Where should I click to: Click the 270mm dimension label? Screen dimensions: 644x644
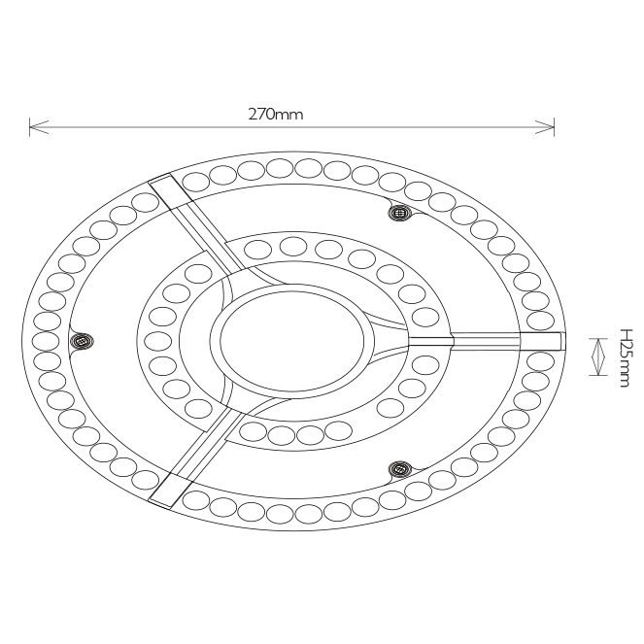pos(276,114)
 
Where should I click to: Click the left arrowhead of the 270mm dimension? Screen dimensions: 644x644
pos(39,127)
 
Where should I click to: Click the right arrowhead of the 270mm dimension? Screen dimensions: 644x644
pos(545,127)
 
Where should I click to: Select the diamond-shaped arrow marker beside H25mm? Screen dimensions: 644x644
pos(598,356)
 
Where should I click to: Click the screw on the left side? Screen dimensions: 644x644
pos(82,341)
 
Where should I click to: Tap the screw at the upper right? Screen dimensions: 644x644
pos(399,213)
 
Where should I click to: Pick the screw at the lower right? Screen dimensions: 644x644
pos(399,468)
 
